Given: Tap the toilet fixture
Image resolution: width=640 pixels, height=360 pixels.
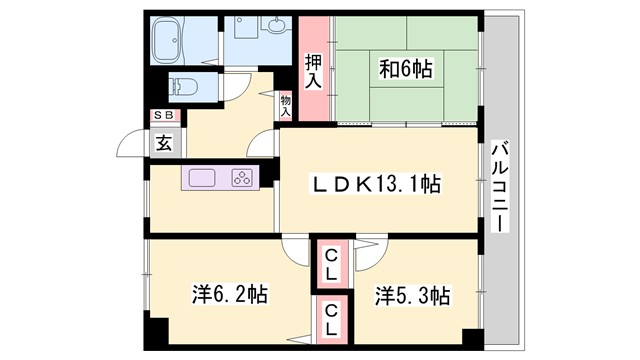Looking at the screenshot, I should (x=180, y=86).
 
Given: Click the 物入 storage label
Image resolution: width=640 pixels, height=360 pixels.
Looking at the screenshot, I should (x=286, y=105).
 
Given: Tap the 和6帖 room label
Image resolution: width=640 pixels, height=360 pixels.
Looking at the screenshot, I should (x=405, y=69).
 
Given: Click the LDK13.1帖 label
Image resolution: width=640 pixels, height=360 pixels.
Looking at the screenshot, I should (x=377, y=184).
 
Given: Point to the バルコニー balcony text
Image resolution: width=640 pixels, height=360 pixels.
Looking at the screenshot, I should (x=500, y=185).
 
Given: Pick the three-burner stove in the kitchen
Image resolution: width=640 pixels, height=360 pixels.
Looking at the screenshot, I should (x=242, y=179).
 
